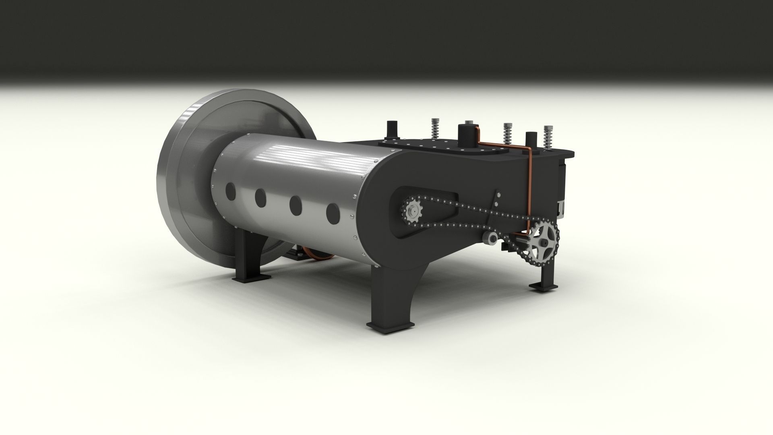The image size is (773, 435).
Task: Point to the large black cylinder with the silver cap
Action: point(467,135)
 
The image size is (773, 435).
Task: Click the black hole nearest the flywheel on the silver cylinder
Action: point(231,191)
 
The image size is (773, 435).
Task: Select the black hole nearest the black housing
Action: point(333,213)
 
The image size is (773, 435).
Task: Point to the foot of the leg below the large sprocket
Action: point(543,286)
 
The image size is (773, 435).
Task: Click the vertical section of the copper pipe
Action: point(529,189)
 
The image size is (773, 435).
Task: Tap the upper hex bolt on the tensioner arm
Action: point(499,195)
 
